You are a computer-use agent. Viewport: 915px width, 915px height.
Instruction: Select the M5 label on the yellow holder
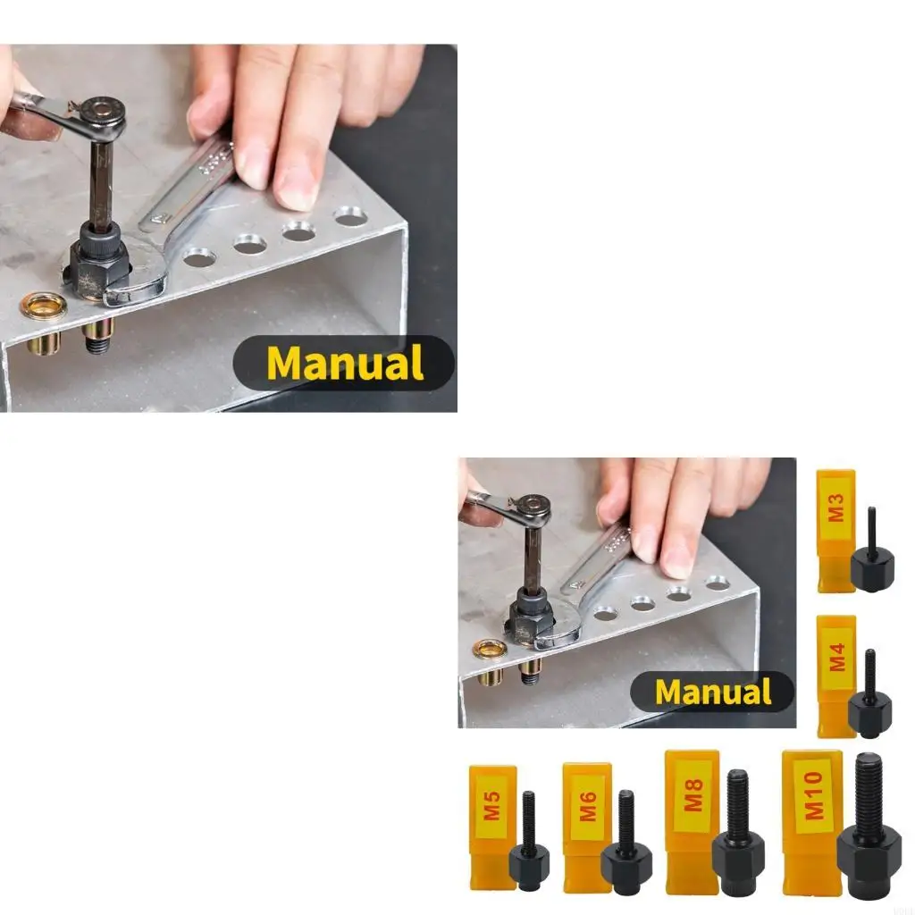(x=492, y=811)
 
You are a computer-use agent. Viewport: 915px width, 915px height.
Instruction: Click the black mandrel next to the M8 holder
(x=737, y=840)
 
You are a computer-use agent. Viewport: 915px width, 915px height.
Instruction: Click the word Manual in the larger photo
(x=344, y=363)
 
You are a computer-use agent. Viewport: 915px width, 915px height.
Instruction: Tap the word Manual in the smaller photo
(x=712, y=692)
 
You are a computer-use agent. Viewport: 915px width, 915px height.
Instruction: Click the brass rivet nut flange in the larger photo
(x=43, y=306)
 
